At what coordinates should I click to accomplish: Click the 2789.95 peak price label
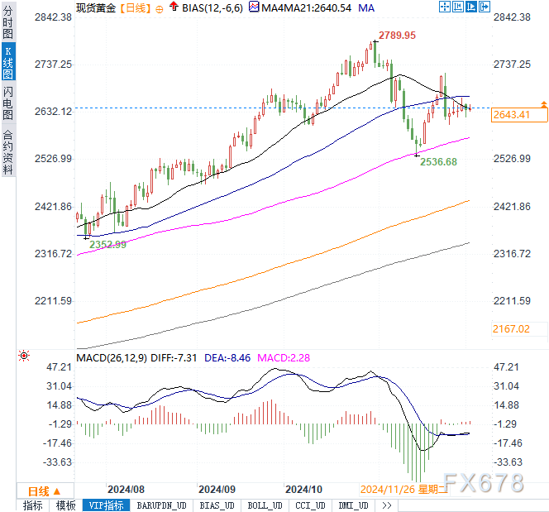click(397, 36)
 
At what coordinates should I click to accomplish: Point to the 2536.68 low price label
click(438, 162)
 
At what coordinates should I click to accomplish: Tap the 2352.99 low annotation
click(107, 244)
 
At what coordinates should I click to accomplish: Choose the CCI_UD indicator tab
click(310, 505)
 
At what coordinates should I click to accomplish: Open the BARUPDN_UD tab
click(162, 505)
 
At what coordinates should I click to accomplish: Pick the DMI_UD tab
click(353, 505)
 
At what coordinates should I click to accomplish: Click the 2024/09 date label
click(217, 489)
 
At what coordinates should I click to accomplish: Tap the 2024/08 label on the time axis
click(127, 489)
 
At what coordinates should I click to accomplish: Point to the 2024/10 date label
click(303, 489)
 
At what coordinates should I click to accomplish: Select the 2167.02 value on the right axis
click(512, 328)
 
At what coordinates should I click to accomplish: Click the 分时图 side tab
click(7, 25)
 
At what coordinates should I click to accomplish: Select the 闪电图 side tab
click(7, 103)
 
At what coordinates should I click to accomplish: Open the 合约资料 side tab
click(7, 151)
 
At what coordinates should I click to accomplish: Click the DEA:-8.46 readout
click(228, 357)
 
